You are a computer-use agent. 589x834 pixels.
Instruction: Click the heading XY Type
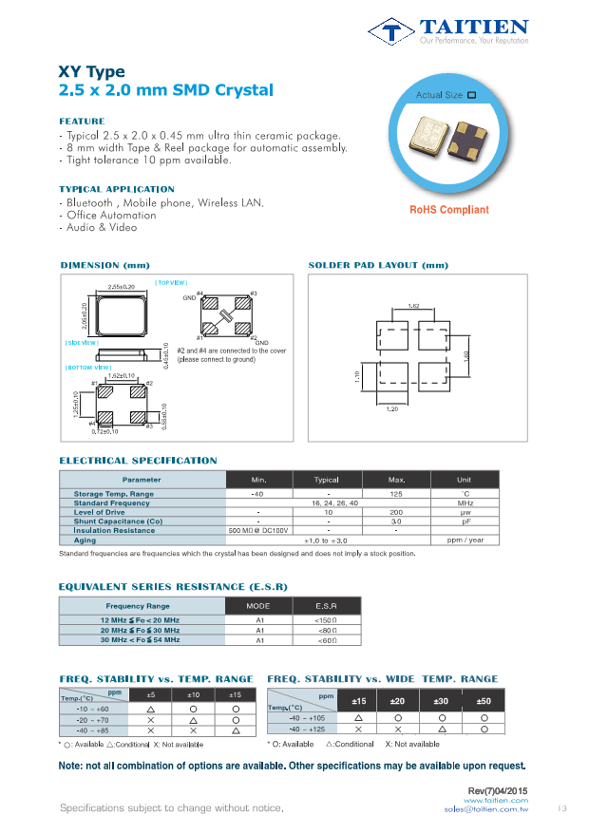point(91,72)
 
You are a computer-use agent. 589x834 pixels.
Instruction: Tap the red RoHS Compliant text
point(449,210)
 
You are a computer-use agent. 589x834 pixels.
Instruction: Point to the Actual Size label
point(440,95)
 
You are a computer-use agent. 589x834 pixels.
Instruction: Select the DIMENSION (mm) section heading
point(104,265)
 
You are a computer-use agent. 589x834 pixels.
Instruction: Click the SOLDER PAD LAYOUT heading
point(378,265)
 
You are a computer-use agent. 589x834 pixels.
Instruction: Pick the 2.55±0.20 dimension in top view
point(121,286)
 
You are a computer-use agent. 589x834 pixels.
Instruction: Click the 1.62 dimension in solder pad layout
point(414,306)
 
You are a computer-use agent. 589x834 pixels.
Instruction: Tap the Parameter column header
point(142,480)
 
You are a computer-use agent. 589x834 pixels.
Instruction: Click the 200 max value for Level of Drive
point(396,512)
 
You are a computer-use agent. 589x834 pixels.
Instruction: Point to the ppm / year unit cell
point(465,540)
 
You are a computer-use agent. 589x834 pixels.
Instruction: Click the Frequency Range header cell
point(138,605)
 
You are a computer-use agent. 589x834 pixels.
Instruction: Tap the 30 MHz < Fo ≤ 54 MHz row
point(141,640)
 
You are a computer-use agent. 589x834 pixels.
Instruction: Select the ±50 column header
point(484,701)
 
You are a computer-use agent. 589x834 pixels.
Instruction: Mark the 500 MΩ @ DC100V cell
point(257,530)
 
